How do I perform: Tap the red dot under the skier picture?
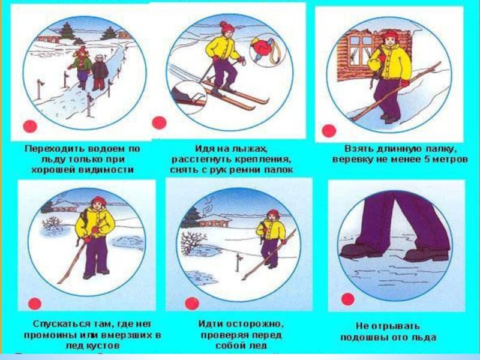tap(159, 123)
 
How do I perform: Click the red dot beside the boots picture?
tap(348, 299)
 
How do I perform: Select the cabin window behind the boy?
tap(361, 50)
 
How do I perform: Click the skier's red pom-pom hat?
tap(227, 28)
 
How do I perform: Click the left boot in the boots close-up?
tap(361, 251)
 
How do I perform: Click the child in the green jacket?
tap(81, 67)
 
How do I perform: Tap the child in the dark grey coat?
tap(100, 72)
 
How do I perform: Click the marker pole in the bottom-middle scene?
tap(238, 262)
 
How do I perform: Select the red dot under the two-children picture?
tap(30, 126)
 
